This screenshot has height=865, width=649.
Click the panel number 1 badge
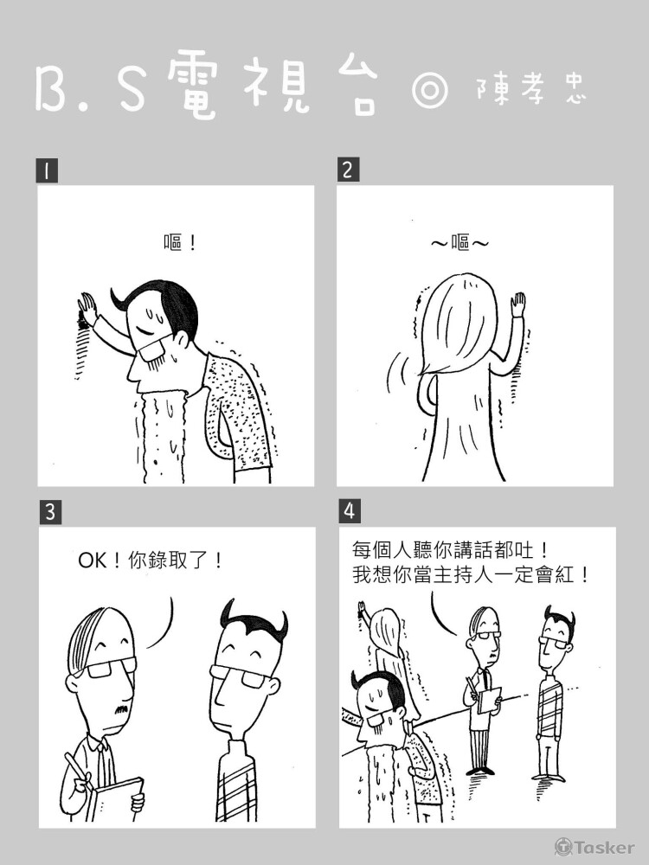pos(47,170)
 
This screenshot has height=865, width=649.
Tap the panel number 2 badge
pos(348,170)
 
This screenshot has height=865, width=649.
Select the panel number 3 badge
pos(50,512)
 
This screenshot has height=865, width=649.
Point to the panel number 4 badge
pos(350,511)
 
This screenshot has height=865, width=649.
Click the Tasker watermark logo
pos(594,847)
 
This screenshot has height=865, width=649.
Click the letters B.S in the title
pos(91,89)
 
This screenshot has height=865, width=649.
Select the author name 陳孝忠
pos(530,89)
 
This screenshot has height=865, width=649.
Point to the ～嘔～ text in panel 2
pos(459,243)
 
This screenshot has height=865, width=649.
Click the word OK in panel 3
pos(93,561)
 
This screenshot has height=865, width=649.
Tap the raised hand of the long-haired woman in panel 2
pos(517,305)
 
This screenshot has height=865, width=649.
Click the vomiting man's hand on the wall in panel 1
pos(87,308)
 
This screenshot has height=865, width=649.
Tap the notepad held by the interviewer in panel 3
pos(114,799)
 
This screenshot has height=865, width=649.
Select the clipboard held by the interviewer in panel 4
pos(489,700)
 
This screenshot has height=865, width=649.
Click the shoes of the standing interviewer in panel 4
pos(479,770)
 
